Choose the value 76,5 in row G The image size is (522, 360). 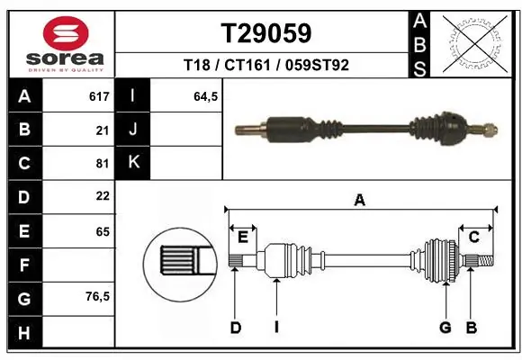[95, 296]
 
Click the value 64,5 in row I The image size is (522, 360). [206, 96]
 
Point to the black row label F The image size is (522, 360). [23, 265]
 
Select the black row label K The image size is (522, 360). [133, 163]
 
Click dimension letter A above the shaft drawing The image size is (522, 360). [360, 200]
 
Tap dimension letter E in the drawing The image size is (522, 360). [242, 237]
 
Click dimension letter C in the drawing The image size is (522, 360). [473, 237]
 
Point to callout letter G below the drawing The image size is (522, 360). [445, 328]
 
